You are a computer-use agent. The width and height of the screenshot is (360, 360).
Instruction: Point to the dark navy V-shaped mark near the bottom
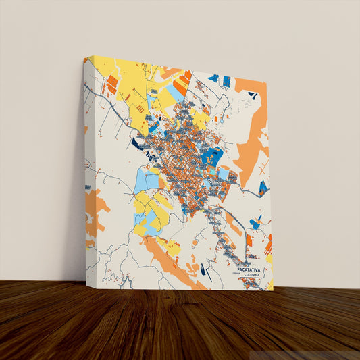coord(205,274)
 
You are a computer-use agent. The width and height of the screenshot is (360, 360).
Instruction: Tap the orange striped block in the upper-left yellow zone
coord(111,84)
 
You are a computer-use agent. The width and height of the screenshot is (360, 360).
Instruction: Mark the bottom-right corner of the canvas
coord(273,290)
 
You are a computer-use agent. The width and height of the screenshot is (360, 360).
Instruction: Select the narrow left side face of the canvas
coord(86,169)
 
